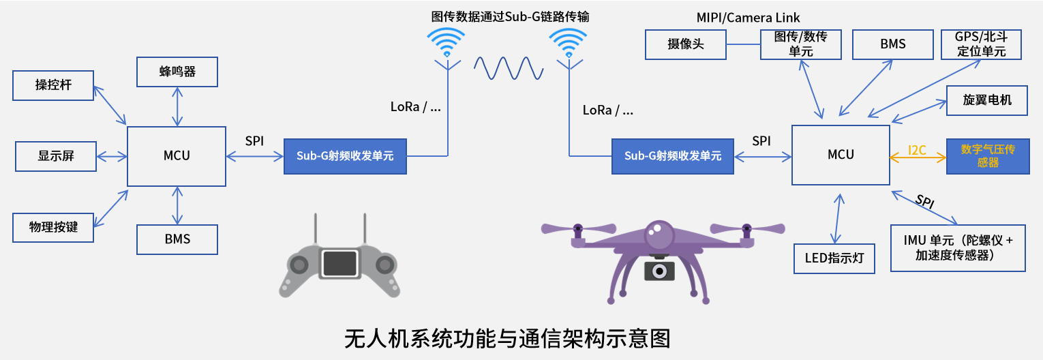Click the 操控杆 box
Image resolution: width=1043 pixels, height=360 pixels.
click(x=54, y=85)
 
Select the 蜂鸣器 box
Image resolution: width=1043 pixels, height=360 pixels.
click(x=177, y=72)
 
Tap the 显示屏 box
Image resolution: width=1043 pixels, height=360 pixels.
click(x=56, y=156)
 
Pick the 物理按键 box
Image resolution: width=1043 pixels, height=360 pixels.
click(x=54, y=227)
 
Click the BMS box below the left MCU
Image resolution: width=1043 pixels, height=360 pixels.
click(x=177, y=239)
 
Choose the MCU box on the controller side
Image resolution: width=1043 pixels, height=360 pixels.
click(x=177, y=155)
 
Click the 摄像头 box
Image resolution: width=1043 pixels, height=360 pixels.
click(x=686, y=44)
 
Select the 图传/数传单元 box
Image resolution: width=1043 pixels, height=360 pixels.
click(x=801, y=44)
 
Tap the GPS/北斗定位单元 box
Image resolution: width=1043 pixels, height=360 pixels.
click(x=981, y=44)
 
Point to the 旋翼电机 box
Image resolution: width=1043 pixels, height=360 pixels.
click(x=987, y=100)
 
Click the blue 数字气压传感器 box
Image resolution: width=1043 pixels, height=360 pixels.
click(x=988, y=155)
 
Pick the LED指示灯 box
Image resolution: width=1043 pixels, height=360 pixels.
click(x=834, y=258)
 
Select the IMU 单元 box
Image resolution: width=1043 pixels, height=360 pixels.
click(x=958, y=248)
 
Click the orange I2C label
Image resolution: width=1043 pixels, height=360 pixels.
click(x=917, y=150)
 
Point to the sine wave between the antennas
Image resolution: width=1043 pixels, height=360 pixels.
click(x=508, y=68)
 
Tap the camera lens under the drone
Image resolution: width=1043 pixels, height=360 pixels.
click(x=659, y=271)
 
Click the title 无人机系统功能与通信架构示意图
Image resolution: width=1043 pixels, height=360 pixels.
click(x=507, y=339)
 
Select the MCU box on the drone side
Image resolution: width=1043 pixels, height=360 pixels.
click(x=841, y=155)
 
